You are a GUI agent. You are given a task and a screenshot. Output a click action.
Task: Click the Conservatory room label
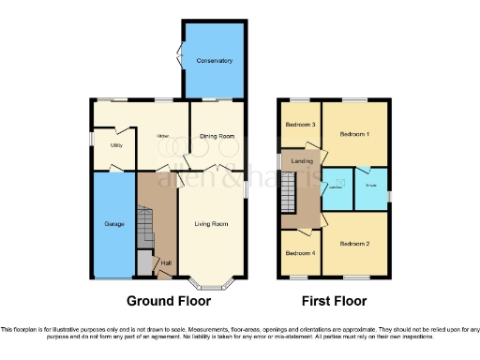click(215, 61)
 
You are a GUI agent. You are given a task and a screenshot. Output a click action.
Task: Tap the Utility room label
click(117, 145)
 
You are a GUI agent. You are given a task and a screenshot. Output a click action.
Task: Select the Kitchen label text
click(160, 136)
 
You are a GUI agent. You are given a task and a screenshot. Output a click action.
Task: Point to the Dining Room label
click(217, 136)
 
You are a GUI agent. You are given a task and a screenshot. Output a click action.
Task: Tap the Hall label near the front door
click(165, 262)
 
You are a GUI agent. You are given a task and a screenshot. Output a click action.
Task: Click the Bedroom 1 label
click(353, 133)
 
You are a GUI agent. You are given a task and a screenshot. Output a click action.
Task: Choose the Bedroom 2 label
click(353, 244)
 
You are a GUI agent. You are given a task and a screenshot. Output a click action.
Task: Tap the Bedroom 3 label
click(300, 124)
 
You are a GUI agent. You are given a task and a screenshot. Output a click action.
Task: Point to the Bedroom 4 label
click(300, 253)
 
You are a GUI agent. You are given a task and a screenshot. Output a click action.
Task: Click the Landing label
click(303, 161)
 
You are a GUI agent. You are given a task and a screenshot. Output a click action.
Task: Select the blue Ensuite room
click(372, 187)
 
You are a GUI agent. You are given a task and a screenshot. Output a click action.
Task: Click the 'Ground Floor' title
click(169, 302)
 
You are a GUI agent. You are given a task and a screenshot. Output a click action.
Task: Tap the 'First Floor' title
click(334, 302)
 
